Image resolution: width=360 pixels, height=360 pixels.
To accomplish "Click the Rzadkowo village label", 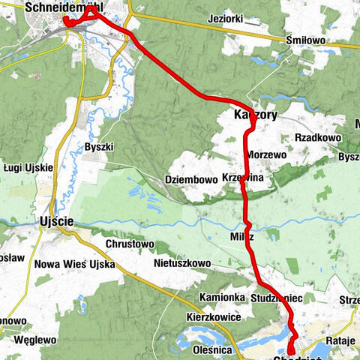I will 319,138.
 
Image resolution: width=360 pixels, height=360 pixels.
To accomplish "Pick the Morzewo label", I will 265,154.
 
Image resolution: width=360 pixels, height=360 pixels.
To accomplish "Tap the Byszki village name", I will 98,146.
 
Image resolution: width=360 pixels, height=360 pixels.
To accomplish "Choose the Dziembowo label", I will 190,179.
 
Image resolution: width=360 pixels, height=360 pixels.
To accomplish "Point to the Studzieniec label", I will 276,298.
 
